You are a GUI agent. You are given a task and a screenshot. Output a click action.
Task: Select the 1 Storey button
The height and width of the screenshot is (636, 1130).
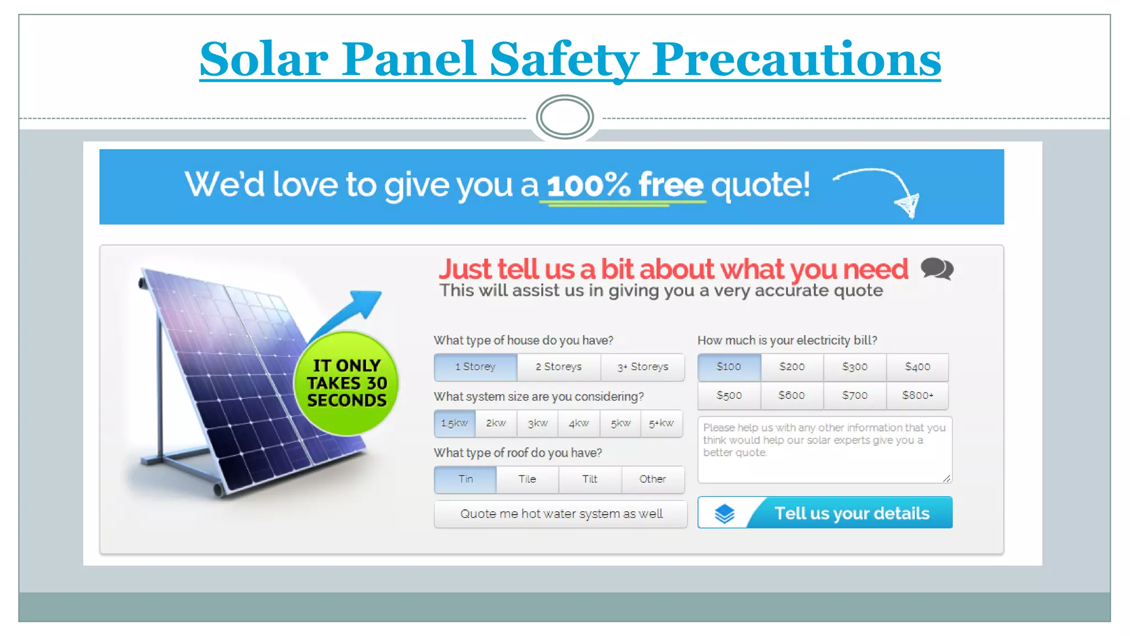(x=475, y=367)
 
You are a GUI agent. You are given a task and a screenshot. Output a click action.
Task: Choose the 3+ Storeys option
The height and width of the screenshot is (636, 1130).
(x=642, y=367)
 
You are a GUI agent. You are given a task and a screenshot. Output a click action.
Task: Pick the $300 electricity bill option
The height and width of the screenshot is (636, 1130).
(x=854, y=367)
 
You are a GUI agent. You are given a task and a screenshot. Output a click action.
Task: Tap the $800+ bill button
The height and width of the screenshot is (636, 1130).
(x=917, y=396)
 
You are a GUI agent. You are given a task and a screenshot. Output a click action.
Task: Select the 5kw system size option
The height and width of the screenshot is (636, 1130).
(x=620, y=423)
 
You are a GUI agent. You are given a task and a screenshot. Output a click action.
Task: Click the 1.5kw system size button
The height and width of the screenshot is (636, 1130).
(x=454, y=423)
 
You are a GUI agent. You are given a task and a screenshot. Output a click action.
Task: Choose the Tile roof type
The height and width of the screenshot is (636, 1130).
(x=527, y=479)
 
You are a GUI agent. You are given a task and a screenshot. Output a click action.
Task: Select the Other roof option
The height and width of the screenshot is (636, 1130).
(x=652, y=479)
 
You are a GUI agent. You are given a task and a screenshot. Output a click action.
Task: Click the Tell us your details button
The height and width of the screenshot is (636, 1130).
(x=851, y=513)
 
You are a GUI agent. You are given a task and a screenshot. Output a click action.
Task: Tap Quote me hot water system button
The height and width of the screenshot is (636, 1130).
(x=561, y=514)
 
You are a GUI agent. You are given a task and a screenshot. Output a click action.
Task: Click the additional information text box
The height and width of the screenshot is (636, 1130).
(x=824, y=450)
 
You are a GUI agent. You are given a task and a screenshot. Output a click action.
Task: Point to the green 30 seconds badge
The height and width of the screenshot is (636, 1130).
(x=347, y=383)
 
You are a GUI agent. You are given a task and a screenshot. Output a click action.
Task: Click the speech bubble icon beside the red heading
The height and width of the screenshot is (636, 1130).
(x=936, y=269)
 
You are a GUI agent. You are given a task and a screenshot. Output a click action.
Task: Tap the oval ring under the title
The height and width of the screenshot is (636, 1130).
(x=564, y=117)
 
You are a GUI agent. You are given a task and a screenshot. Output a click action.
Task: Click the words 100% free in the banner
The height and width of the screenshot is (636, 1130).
(x=625, y=185)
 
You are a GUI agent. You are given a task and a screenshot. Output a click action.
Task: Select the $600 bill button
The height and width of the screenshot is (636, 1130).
(x=791, y=396)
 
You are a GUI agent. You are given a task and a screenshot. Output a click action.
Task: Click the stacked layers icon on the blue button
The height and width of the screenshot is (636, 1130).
(x=724, y=513)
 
